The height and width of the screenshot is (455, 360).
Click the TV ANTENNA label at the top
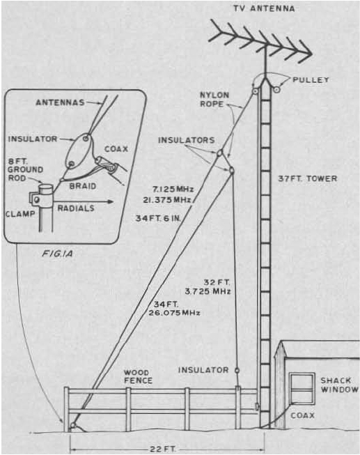click(264, 8)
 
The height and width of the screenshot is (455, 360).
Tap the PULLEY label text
click(311, 80)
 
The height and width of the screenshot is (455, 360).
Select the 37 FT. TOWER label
click(308, 178)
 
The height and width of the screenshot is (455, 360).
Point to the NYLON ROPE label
click(214, 100)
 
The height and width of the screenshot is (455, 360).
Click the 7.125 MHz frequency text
click(173, 190)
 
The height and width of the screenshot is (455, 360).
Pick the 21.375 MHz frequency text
click(167, 200)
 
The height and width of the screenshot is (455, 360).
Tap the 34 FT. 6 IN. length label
click(158, 218)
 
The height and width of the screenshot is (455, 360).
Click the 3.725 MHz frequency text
click(208, 291)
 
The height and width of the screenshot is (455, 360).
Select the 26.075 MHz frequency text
click(174, 313)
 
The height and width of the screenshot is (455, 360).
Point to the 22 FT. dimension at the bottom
click(163, 449)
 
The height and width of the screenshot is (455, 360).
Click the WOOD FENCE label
click(138, 377)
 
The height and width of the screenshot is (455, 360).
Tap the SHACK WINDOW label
click(339, 385)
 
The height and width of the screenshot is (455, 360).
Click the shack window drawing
click(302, 389)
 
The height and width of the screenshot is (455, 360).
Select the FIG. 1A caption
click(57, 254)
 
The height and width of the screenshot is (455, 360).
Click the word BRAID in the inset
click(83, 186)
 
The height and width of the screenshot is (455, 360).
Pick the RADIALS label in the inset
click(76, 208)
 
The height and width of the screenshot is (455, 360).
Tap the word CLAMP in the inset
click(21, 214)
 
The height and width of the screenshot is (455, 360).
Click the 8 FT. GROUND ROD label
click(25, 169)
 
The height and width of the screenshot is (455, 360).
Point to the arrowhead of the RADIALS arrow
click(110, 201)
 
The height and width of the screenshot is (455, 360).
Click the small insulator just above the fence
click(237, 370)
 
